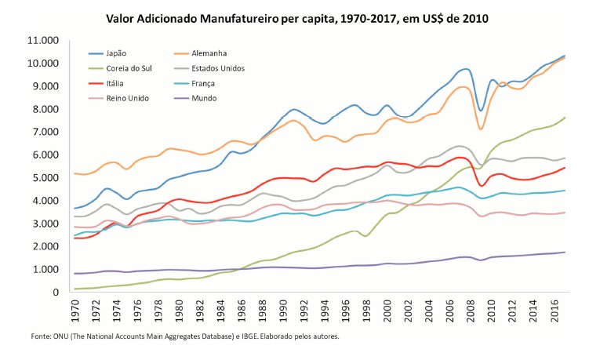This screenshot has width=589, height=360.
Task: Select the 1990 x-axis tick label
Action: tap(283, 309)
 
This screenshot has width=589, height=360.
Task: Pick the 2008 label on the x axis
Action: tap(469, 309)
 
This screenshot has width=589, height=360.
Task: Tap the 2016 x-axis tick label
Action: tap(552, 309)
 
